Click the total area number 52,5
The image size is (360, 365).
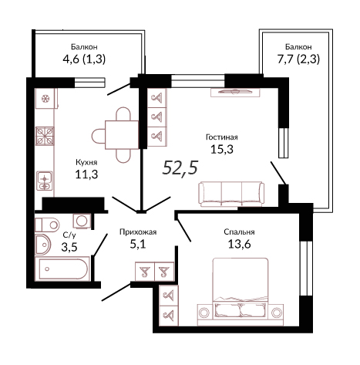(180, 167)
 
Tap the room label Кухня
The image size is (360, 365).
(86, 162)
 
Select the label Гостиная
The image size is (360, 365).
(222, 137)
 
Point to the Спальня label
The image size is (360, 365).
(239, 232)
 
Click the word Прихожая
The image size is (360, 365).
(138, 232)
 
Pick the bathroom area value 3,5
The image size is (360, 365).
(69, 247)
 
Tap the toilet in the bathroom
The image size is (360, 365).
(47, 225)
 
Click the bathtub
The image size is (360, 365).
(62, 269)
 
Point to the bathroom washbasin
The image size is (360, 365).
(42, 244)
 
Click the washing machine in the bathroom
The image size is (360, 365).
(82, 221)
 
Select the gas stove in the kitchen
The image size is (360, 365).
(45, 136)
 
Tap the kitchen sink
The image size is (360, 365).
(45, 181)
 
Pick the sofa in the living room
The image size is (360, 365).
(231, 194)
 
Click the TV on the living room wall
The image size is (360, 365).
(235, 92)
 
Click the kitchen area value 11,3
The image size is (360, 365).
(86, 174)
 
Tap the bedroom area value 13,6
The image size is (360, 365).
(239, 244)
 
